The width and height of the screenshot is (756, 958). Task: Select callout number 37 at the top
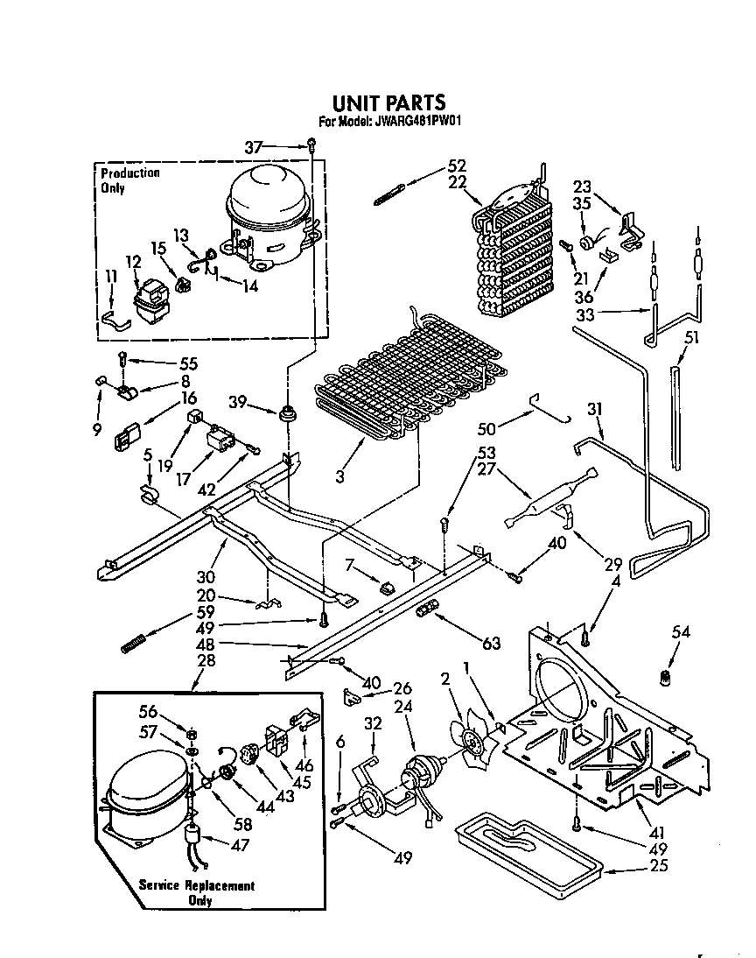[254, 148]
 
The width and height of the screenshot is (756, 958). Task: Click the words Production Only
[129, 180]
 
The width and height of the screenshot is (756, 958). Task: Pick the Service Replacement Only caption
[198, 892]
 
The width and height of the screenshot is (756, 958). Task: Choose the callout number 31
[595, 408]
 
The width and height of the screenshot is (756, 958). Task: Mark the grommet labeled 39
[286, 412]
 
